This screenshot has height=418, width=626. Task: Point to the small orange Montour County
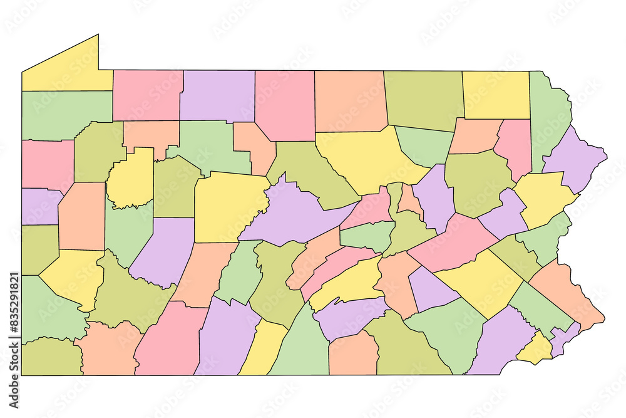[x=409, y=200]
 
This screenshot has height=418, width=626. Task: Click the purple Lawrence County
[x=39, y=206]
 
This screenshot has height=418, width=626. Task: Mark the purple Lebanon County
[x=432, y=288]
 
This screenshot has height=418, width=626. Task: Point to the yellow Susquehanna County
[x=496, y=94]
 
